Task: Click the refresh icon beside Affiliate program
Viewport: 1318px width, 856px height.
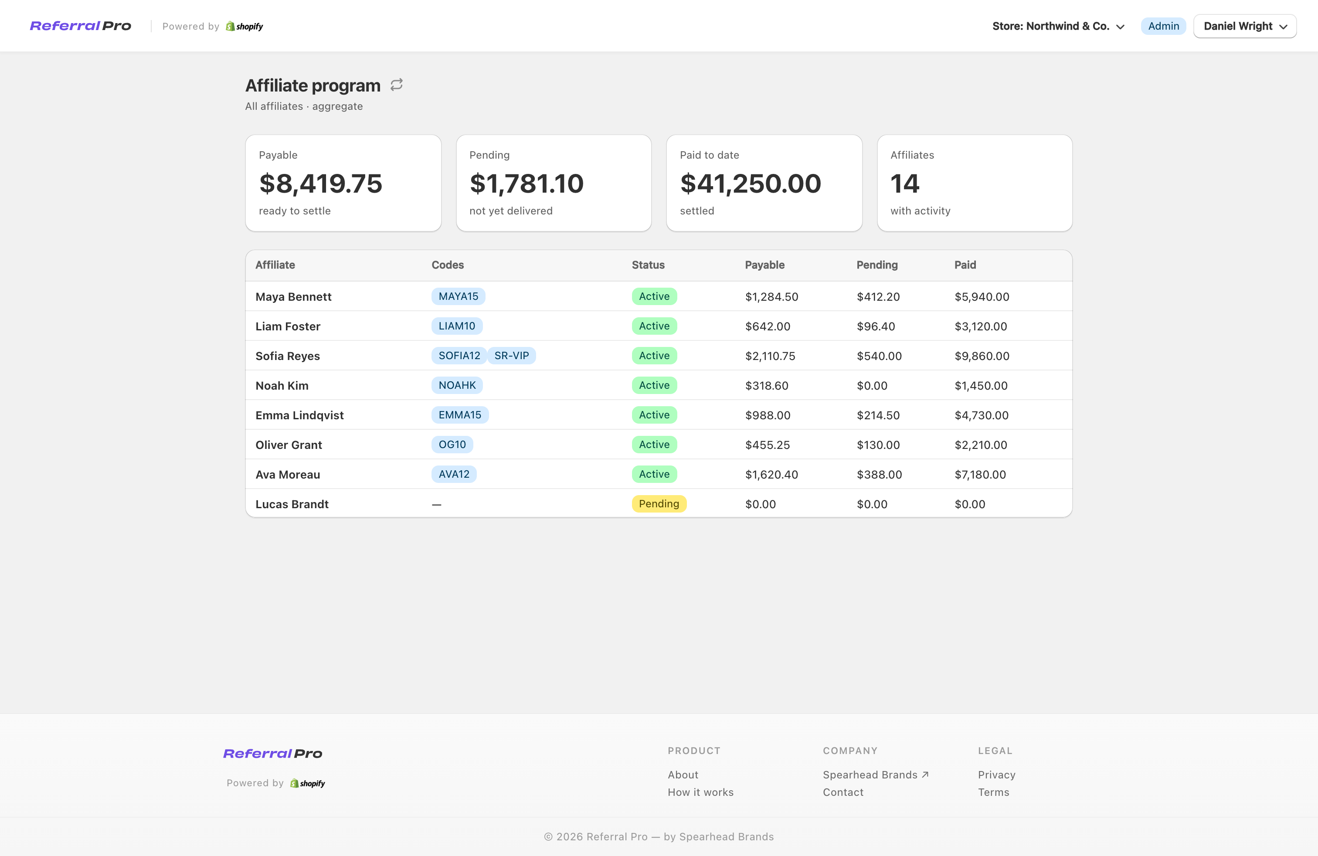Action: pyautogui.click(x=397, y=85)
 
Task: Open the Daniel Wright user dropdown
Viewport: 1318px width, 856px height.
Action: pyautogui.click(x=1244, y=26)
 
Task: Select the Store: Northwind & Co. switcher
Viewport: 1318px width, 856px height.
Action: pyautogui.click(x=1058, y=26)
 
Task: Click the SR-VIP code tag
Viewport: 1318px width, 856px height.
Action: pyautogui.click(x=511, y=356)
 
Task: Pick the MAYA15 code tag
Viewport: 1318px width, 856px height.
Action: pyautogui.click(x=458, y=296)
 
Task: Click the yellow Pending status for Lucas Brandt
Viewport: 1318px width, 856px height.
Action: pyautogui.click(x=659, y=504)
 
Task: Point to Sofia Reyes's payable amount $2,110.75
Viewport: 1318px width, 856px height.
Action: pyautogui.click(x=770, y=356)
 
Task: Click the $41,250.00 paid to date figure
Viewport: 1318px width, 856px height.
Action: pyautogui.click(x=751, y=183)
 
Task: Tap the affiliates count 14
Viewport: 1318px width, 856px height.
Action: pyautogui.click(x=904, y=183)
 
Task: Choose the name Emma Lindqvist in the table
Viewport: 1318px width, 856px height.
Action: pyautogui.click(x=299, y=415)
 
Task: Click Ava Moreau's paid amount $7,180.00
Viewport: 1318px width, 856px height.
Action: pyautogui.click(x=980, y=475)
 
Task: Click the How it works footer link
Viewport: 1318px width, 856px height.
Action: pyautogui.click(x=700, y=792)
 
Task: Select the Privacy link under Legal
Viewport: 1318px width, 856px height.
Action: pyautogui.click(x=996, y=774)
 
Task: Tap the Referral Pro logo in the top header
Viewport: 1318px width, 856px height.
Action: pyautogui.click(x=80, y=26)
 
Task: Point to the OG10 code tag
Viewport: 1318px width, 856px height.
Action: pyautogui.click(x=452, y=445)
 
